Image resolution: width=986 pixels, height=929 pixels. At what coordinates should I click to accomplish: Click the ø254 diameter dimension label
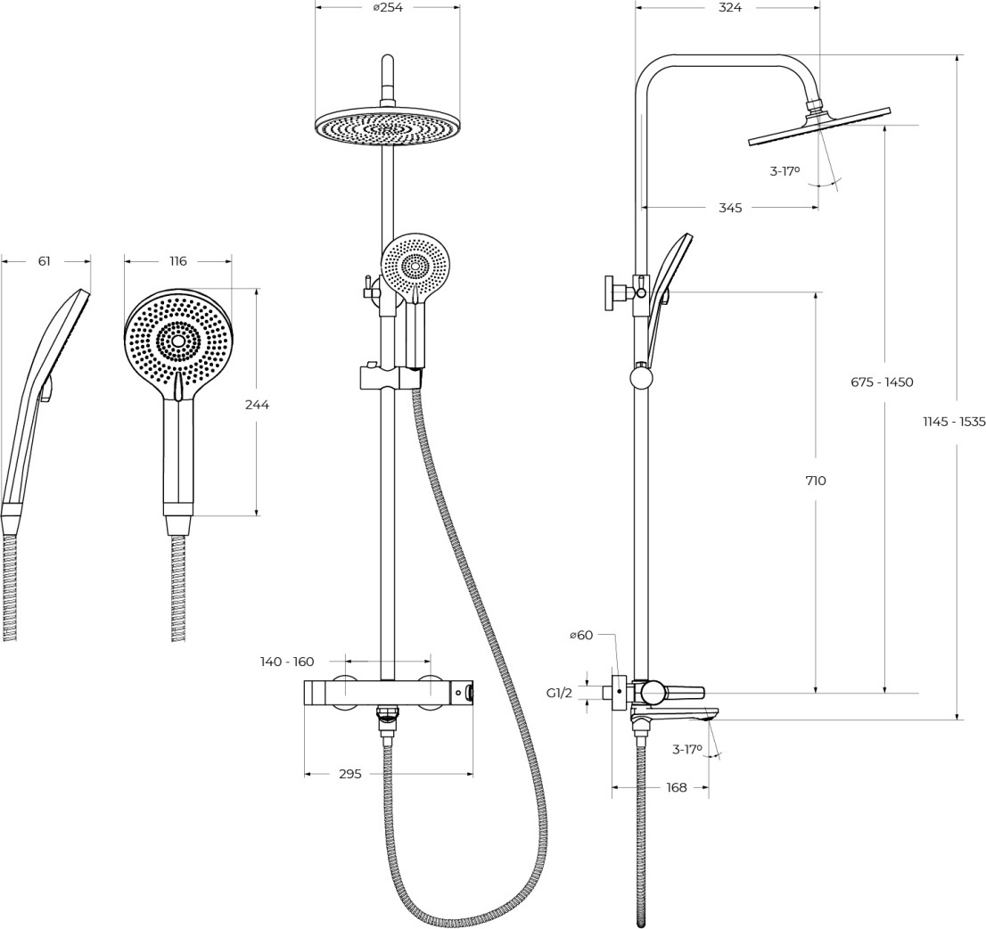click(x=387, y=7)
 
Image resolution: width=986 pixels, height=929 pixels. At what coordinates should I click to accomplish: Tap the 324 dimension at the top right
click(x=730, y=7)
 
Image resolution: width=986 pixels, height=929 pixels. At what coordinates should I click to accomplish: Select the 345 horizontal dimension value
click(x=730, y=208)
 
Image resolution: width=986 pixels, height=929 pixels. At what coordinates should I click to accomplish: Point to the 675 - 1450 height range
click(x=882, y=382)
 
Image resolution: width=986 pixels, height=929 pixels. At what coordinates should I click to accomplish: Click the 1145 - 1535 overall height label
click(x=954, y=422)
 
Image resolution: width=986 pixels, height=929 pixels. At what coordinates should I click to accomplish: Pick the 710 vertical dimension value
click(x=815, y=481)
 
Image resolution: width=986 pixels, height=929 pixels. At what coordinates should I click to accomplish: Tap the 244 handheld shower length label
click(x=257, y=405)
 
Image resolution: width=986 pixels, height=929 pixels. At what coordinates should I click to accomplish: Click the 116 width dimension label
click(x=178, y=261)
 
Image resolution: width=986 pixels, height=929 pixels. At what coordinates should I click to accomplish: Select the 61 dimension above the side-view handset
click(x=44, y=261)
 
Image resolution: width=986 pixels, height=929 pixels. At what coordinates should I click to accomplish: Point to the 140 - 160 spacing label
click(x=287, y=661)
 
